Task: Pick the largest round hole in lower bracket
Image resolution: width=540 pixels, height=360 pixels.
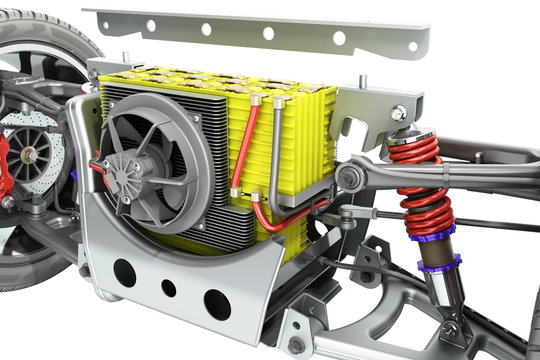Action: click(216, 303)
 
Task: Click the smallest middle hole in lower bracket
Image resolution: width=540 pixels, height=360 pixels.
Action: click(168, 288)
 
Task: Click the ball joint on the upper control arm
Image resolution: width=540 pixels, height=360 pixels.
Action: click(349, 178)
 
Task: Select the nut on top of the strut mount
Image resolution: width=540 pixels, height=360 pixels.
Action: click(401, 114)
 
